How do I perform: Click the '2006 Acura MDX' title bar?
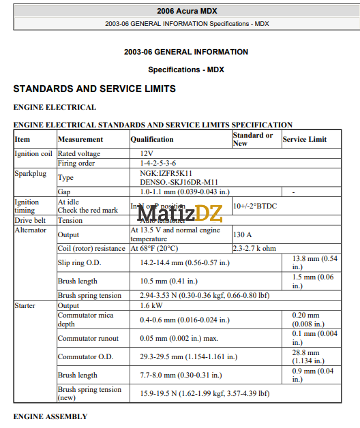(186, 12)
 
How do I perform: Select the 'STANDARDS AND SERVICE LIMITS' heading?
(94, 89)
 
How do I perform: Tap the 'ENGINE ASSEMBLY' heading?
(50, 416)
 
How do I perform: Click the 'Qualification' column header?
(152, 139)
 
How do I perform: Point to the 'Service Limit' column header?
(305, 139)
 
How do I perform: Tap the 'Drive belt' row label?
(30, 221)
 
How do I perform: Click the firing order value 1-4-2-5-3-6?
(157, 164)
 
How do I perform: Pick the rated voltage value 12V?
(147, 154)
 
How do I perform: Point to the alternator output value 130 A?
(243, 234)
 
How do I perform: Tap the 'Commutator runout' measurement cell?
(88, 338)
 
